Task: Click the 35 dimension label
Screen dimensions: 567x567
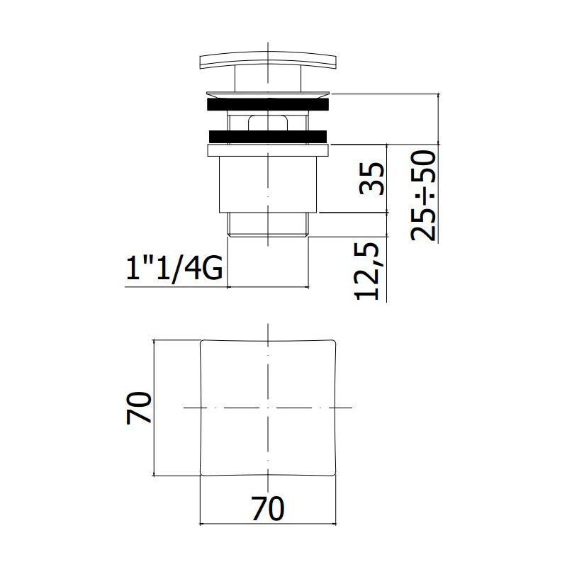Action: [372, 179]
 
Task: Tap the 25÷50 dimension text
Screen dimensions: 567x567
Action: [423, 196]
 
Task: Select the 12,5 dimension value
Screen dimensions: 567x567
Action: [367, 271]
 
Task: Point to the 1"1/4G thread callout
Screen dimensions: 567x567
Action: [174, 267]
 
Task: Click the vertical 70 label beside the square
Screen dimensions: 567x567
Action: [138, 408]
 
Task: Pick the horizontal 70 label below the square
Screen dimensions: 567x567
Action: [268, 509]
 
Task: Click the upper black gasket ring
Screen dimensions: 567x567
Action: [268, 104]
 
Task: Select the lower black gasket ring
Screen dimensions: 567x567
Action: [268, 136]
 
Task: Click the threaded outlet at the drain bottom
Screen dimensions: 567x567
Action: [268, 225]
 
